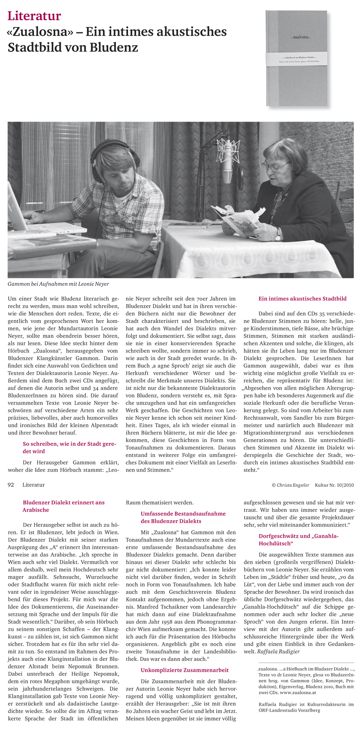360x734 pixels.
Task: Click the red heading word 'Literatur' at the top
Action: (34, 16)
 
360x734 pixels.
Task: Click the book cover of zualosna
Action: (297, 58)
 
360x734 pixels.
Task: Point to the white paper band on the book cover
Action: (297, 58)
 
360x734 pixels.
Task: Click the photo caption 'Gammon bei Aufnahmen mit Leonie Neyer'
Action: (58, 284)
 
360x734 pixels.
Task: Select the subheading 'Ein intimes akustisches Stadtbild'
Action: (302, 299)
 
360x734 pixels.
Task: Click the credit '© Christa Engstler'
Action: (291, 485)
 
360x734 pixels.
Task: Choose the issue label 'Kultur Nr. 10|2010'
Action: (334, 485)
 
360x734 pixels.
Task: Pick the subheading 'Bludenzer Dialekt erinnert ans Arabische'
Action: (63, 506)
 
